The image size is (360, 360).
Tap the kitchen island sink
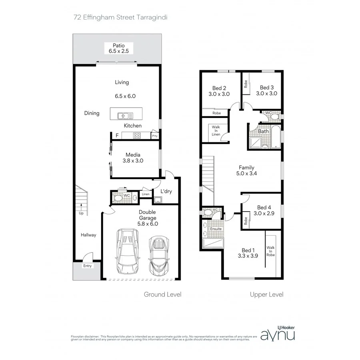point(125,116)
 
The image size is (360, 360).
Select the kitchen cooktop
point(137,136)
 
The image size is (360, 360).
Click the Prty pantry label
point(154,136)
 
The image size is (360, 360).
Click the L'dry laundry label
point(166,192)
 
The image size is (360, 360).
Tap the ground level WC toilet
point(118,197)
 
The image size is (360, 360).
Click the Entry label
point(87,266)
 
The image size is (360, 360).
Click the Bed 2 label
point(220,88)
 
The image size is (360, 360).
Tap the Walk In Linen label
point(216,131)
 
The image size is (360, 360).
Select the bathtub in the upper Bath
point(276,137)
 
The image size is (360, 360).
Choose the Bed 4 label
point(264,207)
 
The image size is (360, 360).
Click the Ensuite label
point(210,229)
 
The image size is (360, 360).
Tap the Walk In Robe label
point(271,251)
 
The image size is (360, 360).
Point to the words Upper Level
point(266,294)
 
